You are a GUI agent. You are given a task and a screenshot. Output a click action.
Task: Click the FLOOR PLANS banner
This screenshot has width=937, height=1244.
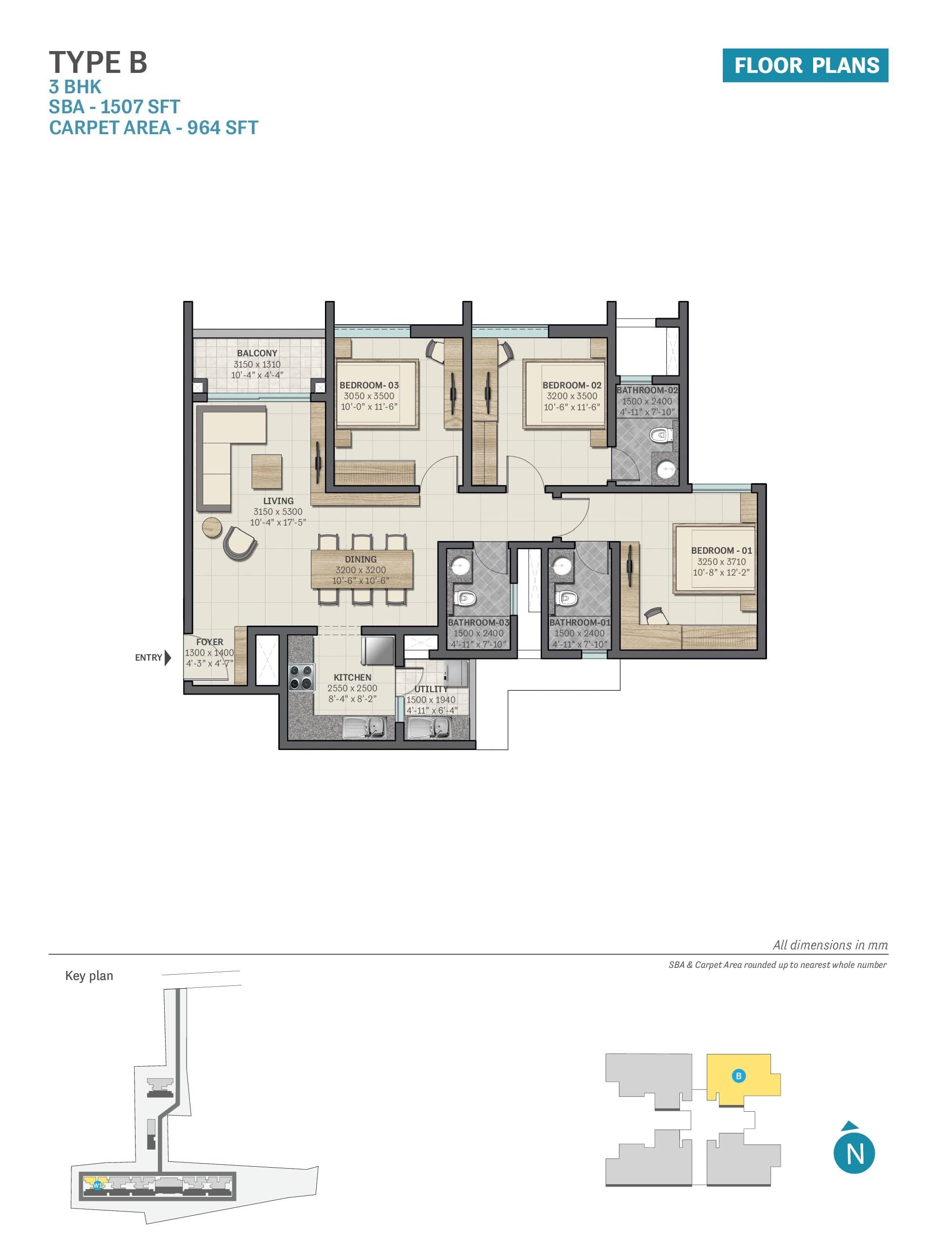805,65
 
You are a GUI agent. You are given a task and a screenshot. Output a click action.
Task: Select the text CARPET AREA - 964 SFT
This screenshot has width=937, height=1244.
153,128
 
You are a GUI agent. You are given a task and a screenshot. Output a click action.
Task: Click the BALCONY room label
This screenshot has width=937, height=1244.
257,353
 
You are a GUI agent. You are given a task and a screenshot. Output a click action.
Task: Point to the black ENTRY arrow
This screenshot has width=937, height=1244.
168,657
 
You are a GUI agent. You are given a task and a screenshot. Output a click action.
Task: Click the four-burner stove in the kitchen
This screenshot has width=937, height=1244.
301,677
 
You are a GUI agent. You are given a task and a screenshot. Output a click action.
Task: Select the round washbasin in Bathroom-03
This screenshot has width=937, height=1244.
461,566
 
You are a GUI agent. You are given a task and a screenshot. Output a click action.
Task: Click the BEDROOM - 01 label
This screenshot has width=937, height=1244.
721,551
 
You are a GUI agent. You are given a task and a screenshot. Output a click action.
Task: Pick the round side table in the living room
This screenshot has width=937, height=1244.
212,527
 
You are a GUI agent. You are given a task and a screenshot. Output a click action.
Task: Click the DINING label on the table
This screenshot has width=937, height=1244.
361,560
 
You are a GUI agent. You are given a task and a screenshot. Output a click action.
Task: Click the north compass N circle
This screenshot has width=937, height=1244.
854,1154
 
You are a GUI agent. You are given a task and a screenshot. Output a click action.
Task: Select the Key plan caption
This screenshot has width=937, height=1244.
89,976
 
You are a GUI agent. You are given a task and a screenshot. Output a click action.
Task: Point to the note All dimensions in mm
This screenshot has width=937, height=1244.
830,946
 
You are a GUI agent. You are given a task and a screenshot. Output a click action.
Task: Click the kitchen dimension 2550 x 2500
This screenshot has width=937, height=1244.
353,688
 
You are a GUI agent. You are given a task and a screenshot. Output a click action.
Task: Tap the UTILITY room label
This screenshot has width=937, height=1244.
431,689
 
